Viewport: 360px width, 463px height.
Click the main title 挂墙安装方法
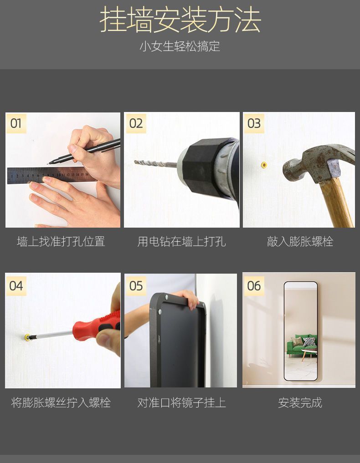point(180,20)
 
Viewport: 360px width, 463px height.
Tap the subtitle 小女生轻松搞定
point(180,46)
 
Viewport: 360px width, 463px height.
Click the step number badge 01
point(16,123)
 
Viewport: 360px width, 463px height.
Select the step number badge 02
point(136,123)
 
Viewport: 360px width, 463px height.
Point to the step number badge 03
point(254,123)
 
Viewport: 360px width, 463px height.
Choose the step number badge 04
point(16,286)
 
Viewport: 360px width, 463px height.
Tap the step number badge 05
point(136,286)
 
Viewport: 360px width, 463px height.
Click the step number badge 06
point(254,286)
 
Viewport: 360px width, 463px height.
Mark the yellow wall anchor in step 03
point(263,164)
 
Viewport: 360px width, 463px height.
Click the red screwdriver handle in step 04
point(96,326)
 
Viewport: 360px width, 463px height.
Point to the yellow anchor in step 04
point(27,338)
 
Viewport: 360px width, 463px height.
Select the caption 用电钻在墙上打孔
point(181,241)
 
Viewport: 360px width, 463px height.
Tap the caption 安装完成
point(300,403)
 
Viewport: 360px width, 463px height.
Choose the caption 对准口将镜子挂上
point(181,403)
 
